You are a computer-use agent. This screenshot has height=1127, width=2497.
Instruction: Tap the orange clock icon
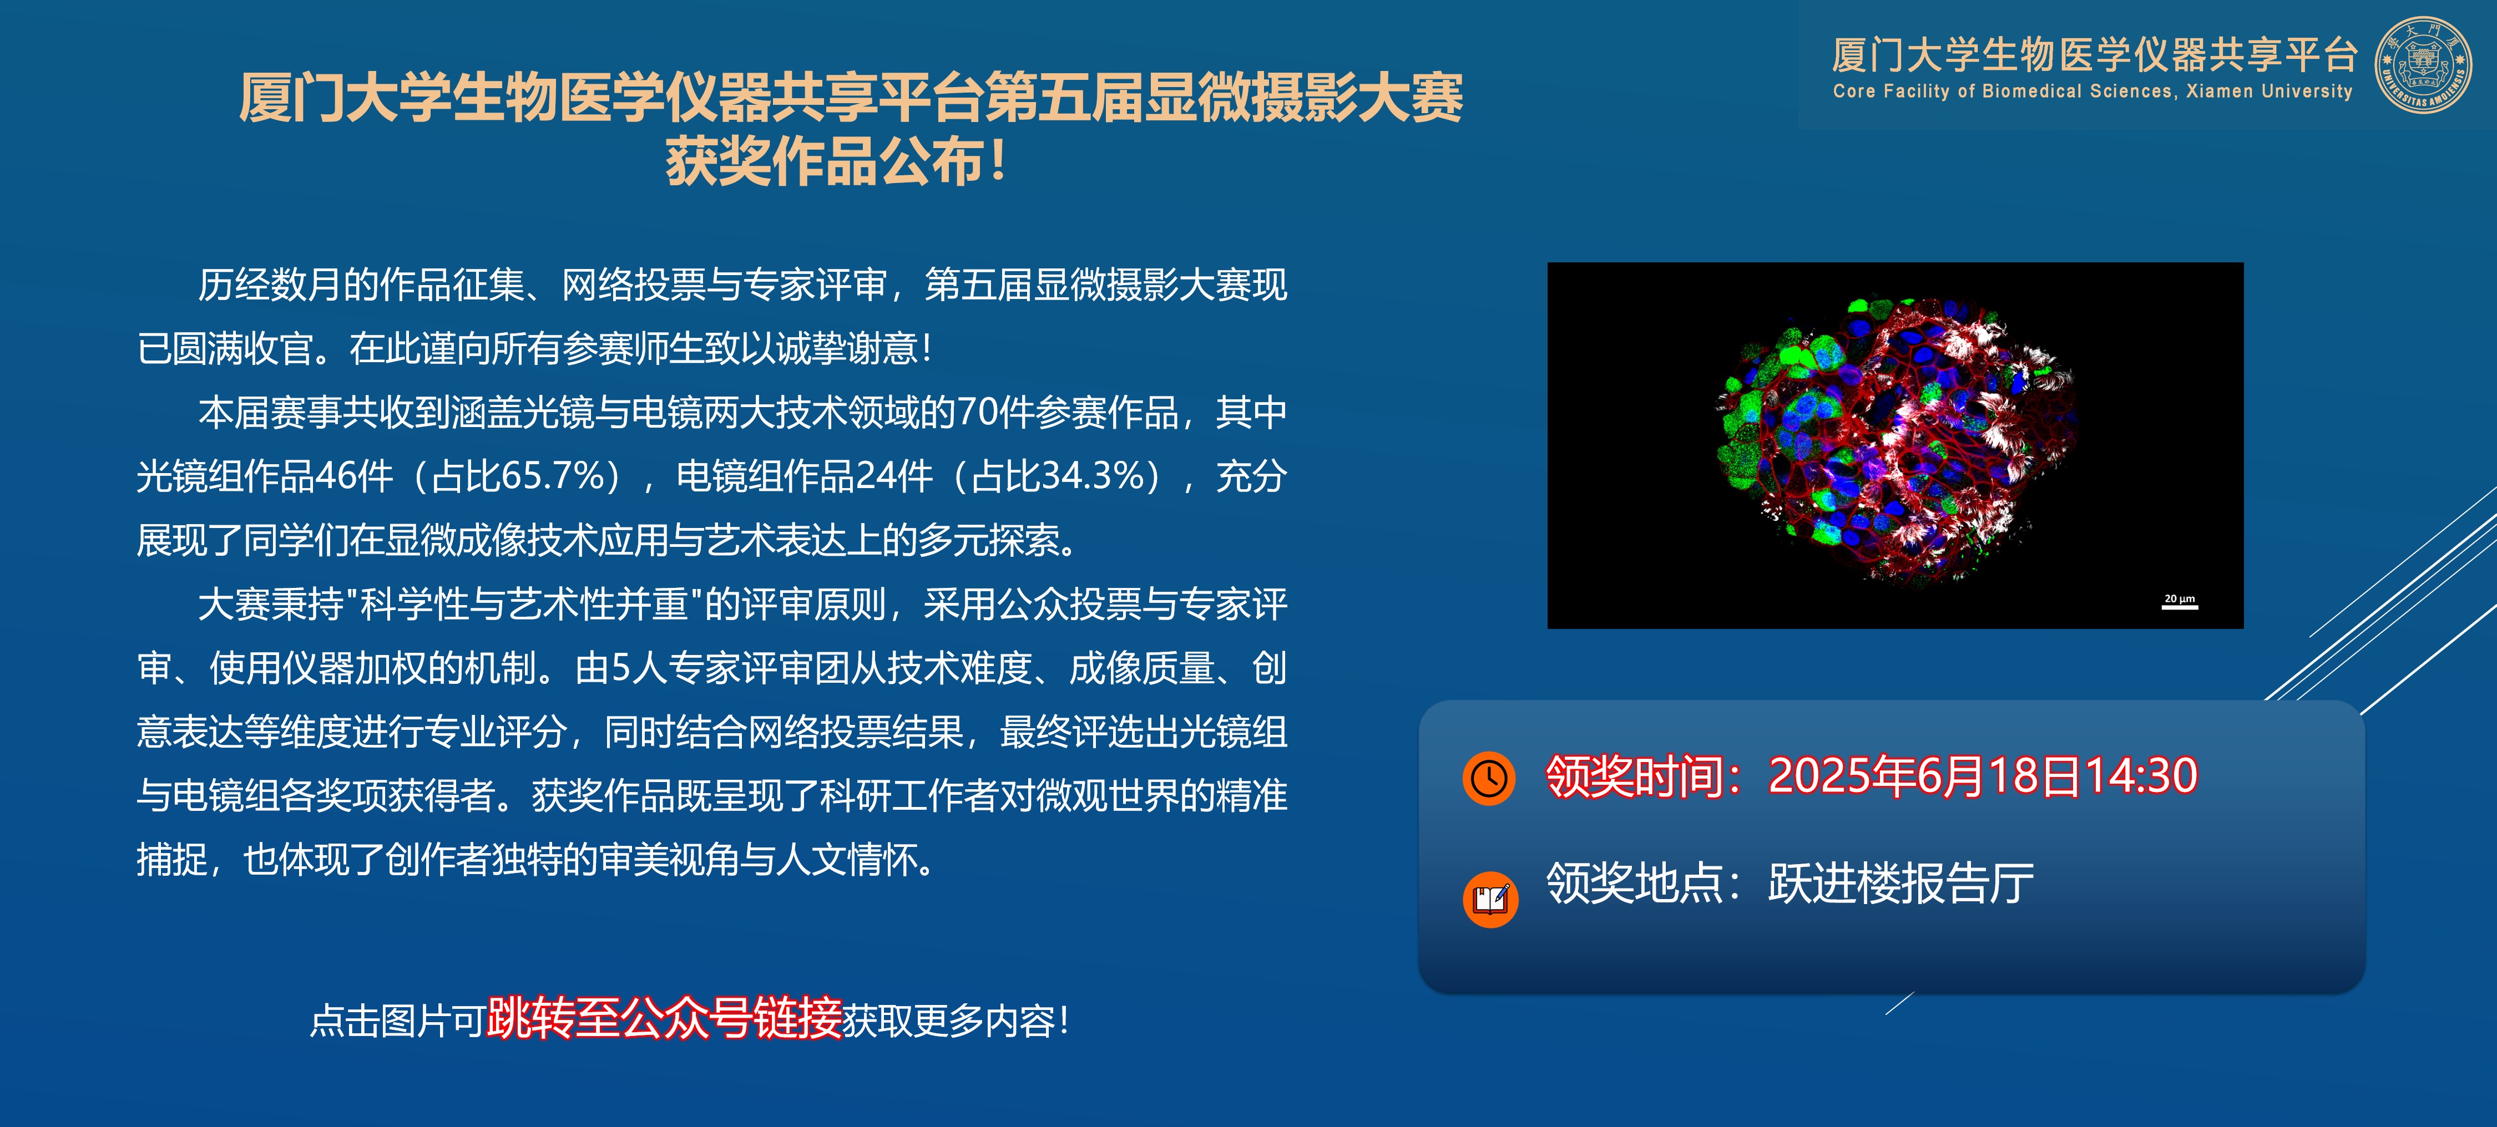pyautogui.click(x=1489, y=778)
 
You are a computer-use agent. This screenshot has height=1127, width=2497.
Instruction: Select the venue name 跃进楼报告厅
pyautogui.click(x=1901, y=883)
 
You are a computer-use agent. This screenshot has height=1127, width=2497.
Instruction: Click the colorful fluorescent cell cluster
pyautogui.click(x=1897, y=439)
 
